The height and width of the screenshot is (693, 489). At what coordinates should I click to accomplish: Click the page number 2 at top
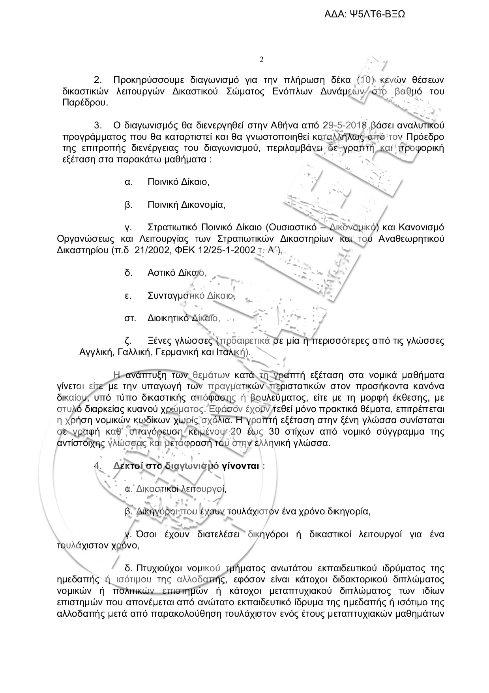tap(261, 60)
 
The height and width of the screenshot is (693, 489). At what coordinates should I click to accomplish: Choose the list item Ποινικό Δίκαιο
tap(178, 182)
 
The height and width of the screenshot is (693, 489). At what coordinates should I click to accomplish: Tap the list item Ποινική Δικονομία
tap(186, 205)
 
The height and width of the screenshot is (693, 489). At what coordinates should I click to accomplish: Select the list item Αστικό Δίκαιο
tap(177, 273)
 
